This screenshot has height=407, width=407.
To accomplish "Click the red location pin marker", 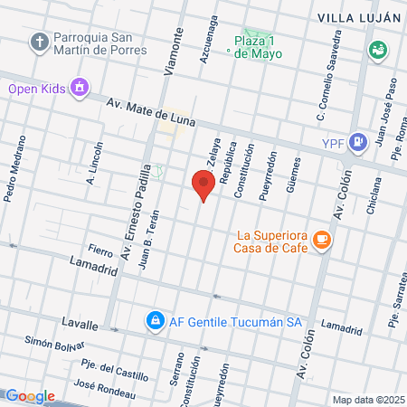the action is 203,185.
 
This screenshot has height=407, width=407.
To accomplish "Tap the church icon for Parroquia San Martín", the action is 39,42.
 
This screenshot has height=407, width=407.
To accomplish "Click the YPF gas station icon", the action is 359,140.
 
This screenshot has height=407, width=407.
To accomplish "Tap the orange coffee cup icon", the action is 322,240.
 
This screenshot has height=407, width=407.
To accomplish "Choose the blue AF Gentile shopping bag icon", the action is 155,320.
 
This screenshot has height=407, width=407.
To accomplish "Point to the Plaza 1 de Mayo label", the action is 258,47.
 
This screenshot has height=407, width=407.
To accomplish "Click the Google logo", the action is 30,396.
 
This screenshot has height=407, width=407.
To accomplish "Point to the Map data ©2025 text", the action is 366,399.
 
